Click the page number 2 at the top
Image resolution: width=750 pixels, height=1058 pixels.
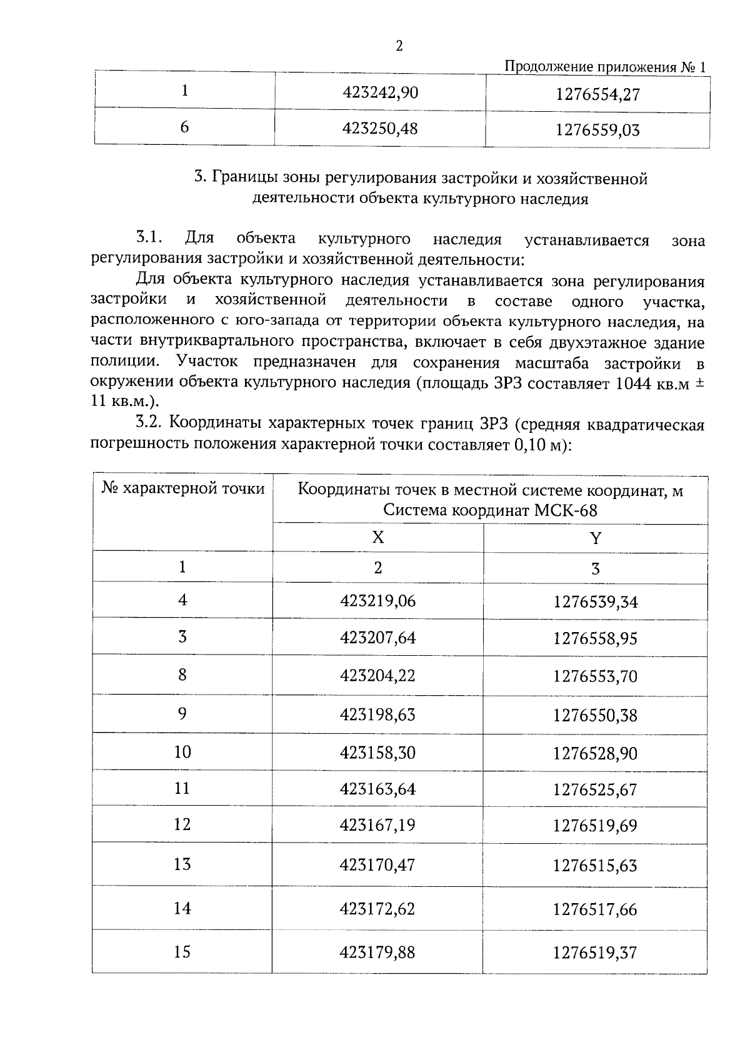click(x=399, y=46)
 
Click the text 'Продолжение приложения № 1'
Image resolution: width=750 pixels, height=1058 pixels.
click(x=604, y=67)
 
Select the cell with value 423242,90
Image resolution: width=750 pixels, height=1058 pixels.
click(x=380, y=93)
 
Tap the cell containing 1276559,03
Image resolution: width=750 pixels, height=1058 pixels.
click(x=597, y=131)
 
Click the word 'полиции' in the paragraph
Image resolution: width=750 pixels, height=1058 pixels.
click(x=123, y=362)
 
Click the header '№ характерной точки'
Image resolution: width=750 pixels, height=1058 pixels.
click(x=183, y=488)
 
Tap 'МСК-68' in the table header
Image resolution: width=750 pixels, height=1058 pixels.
click(x=566, y=511)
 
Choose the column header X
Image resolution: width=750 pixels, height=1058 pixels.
click(x=377, y=538)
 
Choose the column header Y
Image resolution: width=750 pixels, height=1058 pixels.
click(x=595, y=538)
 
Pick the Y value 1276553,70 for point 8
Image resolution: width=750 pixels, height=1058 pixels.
click(x=595, y=676)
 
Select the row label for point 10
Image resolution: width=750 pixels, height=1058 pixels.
click(x=182, y=752)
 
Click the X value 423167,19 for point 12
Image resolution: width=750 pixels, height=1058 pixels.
click(x=377, y=826)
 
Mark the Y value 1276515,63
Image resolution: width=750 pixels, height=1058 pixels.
click(x=595, y=866)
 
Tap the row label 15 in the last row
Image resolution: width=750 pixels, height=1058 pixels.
click(x=182, y=952)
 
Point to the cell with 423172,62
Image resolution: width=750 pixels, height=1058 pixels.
click(x=377, y=909)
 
